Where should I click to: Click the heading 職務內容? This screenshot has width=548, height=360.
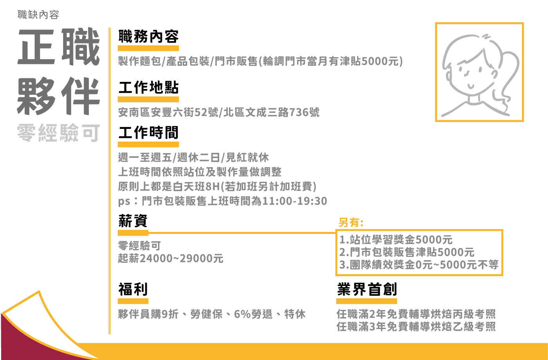point(148,36)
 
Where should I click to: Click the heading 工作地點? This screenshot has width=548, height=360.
point(148,87)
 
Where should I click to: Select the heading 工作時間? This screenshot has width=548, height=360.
point(148,132)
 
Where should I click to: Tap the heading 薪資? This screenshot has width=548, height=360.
point(133,221)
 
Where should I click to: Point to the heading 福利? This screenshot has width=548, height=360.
point(133,289)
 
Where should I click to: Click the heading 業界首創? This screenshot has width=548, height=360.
point(367,289)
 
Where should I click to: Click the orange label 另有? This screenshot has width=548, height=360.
point(351,223)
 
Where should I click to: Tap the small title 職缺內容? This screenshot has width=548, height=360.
point(38,15)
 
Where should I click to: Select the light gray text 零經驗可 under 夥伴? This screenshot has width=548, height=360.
point(58,133)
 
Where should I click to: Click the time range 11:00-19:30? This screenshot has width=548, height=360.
point(294,201)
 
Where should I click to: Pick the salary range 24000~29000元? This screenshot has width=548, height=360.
point(182,259)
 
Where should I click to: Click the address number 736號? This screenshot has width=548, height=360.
point(305,112)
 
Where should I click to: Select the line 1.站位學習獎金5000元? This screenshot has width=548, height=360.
point(396,239)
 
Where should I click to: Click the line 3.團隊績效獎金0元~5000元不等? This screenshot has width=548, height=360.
point(418,265)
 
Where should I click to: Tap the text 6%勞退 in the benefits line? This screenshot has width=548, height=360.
point(253,314)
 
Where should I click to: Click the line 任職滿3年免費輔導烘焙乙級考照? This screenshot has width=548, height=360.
point(416,326)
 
